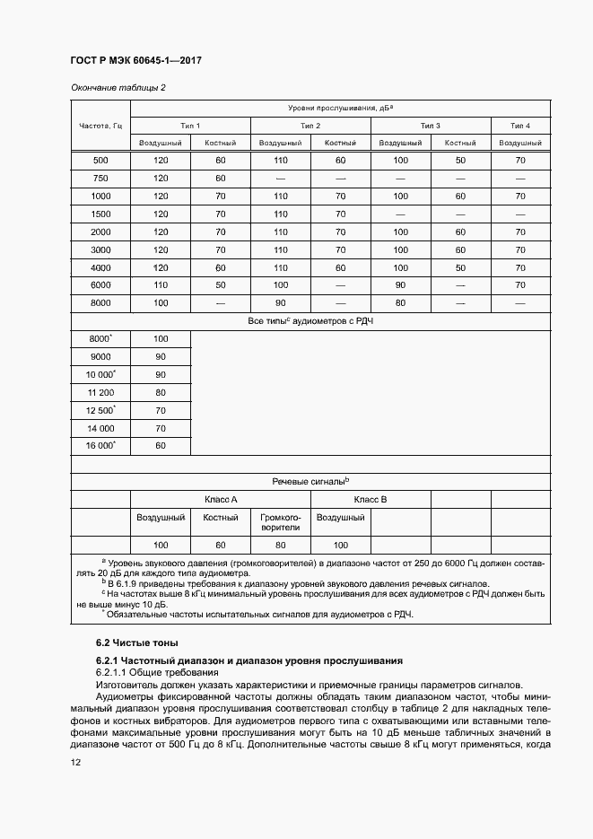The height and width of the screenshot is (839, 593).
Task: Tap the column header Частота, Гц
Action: click(x=100, y=125)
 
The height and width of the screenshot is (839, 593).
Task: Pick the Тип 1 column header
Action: click(x=190, y=126)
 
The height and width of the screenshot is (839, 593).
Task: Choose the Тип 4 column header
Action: click(x=520, y=126)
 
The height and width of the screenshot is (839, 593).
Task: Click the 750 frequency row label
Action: click(x=100, y=178)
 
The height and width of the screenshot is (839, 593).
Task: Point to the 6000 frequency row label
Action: click(x=100, y=284)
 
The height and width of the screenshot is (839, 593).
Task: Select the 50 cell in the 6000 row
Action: click(x=220, y=284)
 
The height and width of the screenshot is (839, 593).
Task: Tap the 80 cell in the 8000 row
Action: click(x=400, y=302)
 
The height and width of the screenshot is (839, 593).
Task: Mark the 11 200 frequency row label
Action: click(x=100, y=392)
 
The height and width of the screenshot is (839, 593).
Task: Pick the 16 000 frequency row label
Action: click(x=100, y=445)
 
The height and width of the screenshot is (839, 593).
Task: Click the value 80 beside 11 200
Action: click(x=161, y=392)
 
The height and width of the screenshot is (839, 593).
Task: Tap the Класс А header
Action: click(x=221, y=499)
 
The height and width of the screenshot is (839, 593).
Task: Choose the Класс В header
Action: click(x=371, y=499)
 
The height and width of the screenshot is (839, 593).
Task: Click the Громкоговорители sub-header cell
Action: click(x=280, y=522)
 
